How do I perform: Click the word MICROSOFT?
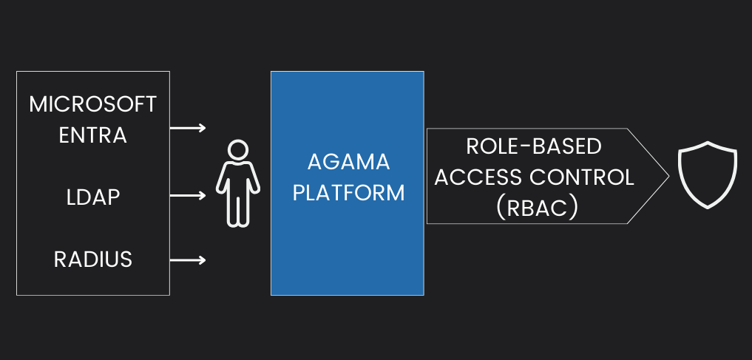(93, 104)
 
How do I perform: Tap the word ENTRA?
(93, 136)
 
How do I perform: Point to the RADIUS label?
(93, 259)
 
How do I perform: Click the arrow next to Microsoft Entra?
(189, 128)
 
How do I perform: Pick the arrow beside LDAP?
(189, 196)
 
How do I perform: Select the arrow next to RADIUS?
(189, 259)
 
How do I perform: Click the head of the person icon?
(237, 151)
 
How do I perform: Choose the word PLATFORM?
(348, 193)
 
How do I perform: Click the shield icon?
(708, 176)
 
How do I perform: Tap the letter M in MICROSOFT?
(38, 104)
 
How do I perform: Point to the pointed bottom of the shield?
(708, 206)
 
